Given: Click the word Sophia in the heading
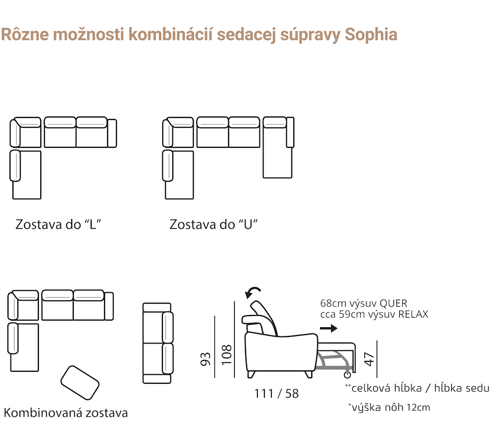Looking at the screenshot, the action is click(371, 35).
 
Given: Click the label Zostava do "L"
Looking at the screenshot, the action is click(58, 224).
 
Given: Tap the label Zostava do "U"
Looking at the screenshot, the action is click(214, 224).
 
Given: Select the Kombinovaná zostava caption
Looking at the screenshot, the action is click(66, 413).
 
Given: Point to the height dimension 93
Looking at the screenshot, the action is click(206, 359).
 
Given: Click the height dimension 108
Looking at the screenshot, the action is click(227, 355).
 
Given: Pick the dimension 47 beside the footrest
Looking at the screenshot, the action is click(370, 359).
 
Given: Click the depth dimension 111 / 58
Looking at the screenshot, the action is click(276, 394).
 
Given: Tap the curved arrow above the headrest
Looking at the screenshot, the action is click(253, 292).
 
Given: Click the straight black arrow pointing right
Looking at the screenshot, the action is click(329, 329).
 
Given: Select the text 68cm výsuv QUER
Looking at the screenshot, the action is click(364, 303).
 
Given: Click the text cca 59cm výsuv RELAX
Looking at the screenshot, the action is click(374, 314).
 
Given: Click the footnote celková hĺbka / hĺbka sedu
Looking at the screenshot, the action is click(417, 388).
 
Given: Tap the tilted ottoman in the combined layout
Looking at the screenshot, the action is click(80, 383).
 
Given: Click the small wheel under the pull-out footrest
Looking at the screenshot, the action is click(348, 375).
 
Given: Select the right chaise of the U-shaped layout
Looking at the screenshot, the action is click(278, 147).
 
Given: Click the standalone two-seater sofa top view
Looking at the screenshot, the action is click(158, 343).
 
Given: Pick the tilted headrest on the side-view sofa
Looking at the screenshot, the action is click(263, 318).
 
